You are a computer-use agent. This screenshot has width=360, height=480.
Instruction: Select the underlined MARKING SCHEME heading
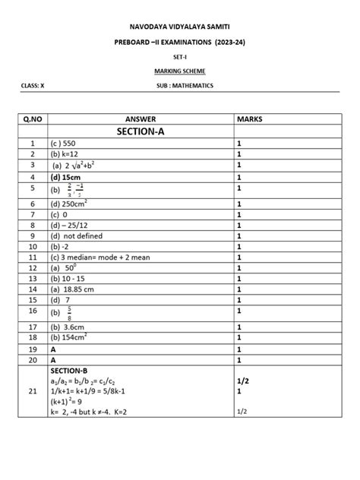pyautogui.click(x=180, y=71)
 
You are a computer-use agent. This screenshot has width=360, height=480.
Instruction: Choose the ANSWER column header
pyautogui.click(x=140, y=119)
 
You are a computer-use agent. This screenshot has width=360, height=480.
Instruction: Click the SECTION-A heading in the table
pyautogui.click(x=140, y=131)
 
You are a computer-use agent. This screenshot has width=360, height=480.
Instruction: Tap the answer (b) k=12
pyautogui.click(x=66, y=153)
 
